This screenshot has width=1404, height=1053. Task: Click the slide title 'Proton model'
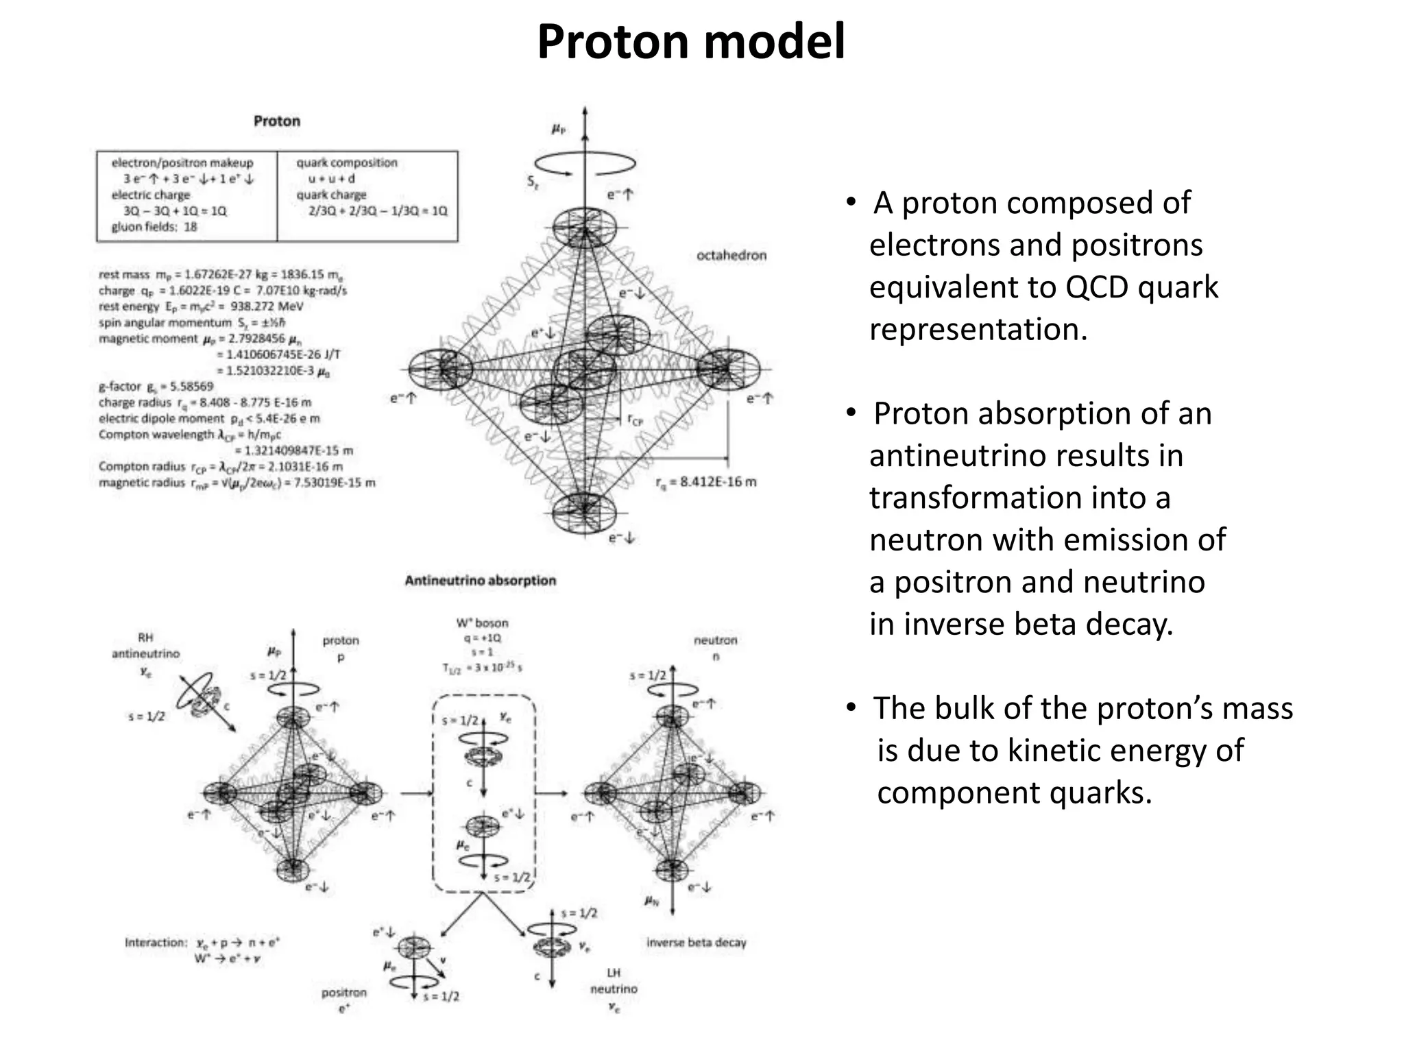tap(690, 43)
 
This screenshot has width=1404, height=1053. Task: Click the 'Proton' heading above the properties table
tap(277, 121)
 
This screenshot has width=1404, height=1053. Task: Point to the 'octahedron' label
tap(731, 255)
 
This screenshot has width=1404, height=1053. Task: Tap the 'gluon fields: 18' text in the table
tap(154, 227)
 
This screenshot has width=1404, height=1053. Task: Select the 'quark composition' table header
tap(347, 163)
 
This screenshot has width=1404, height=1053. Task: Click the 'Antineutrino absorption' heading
tap(480, 581)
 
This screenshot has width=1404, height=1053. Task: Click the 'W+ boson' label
tap(482, 623)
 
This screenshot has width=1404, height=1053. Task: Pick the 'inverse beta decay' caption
tap(696, 943)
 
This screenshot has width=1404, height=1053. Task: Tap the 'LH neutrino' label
tap(614, 981)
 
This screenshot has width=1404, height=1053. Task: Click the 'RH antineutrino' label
tap(145, 646)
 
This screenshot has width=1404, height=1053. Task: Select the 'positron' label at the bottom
tap(344, 993)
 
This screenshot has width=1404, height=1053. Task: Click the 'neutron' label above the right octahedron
tap(715, 640)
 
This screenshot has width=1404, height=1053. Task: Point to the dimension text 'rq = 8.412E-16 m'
tap(706, 482)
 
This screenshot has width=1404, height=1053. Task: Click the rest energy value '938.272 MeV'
tap(271, 306)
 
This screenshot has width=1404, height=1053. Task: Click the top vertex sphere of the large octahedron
tap(584, 228)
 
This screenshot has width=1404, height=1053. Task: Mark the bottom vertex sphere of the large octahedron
tap(584, 511)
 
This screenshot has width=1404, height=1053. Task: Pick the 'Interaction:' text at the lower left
tap(156, 943)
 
